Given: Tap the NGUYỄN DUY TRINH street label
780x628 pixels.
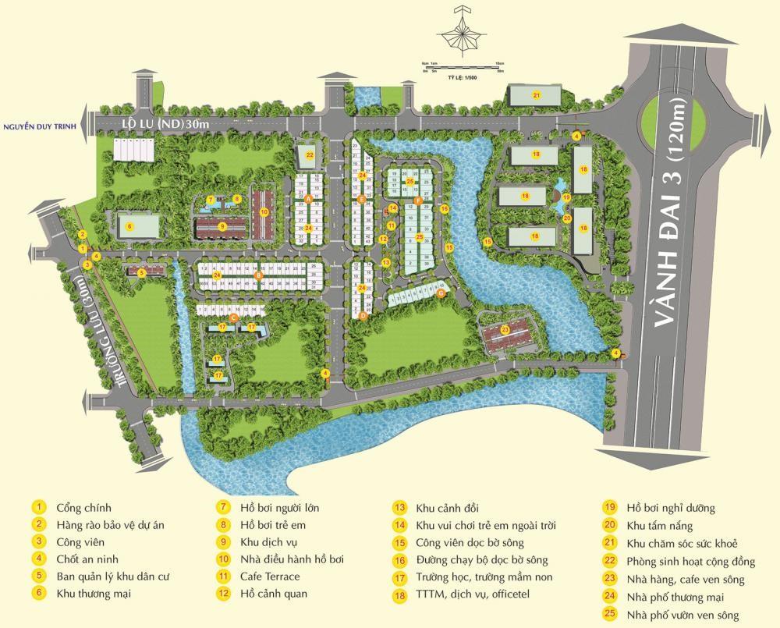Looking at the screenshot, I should click(x=43, y=126).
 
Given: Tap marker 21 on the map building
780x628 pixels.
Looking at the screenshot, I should click(x=536, y=95).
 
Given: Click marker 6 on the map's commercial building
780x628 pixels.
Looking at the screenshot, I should click(x=130, y=226).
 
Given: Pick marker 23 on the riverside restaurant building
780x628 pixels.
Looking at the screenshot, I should click(x=505, y=330).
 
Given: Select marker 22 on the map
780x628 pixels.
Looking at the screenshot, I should click(x=310, y=155).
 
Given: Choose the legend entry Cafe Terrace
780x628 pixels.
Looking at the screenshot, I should click(x=270, y=577).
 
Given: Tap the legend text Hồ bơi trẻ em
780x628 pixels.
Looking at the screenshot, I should click(x=272, y=525).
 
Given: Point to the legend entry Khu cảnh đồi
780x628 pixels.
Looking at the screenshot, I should click(x=447, y=508).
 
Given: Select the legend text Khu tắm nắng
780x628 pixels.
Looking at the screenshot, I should click(x=660, y=525).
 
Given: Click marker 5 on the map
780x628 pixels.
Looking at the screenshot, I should click(x=141, y=273).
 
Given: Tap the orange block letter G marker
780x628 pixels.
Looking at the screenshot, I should click(x=441, y=293).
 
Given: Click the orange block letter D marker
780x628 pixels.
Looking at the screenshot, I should click(x=362, y=316).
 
